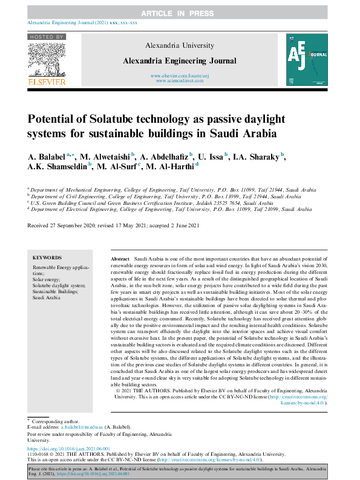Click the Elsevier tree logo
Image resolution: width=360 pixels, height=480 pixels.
(50, 59)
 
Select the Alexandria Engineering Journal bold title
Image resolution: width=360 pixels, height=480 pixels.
(179, 61)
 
